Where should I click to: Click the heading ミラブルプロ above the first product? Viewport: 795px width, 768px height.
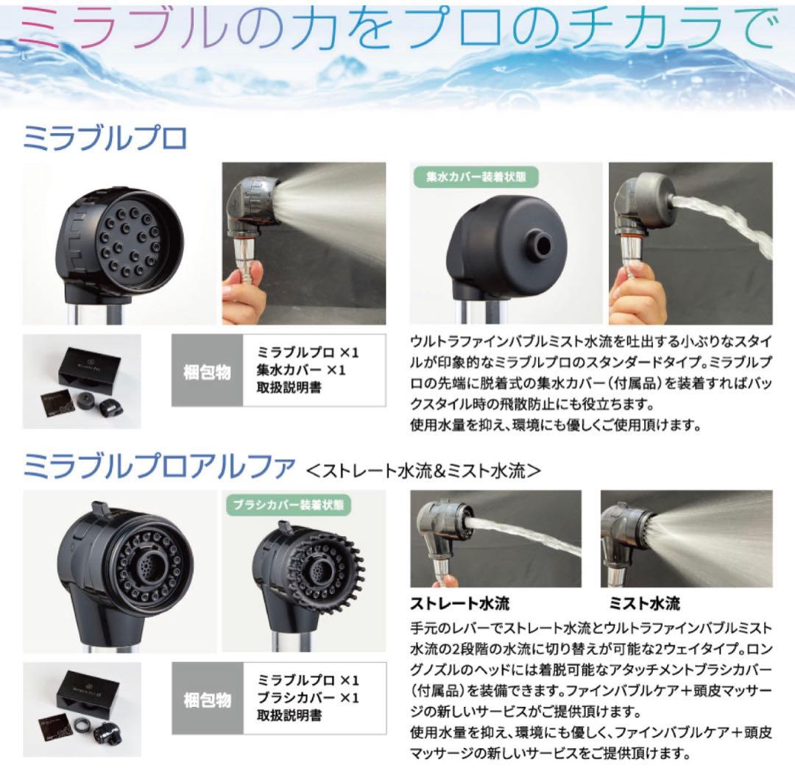tap(106, 139)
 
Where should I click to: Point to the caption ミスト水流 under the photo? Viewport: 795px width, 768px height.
tap(644, 604)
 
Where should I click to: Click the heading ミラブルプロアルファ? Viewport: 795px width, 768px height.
tap(160, 466)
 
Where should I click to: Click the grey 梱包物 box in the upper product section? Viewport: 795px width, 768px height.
tap(207, 371)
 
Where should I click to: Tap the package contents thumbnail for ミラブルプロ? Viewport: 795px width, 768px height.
tap(82, 381)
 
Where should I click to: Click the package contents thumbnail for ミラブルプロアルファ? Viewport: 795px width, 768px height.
tap(82, 709)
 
